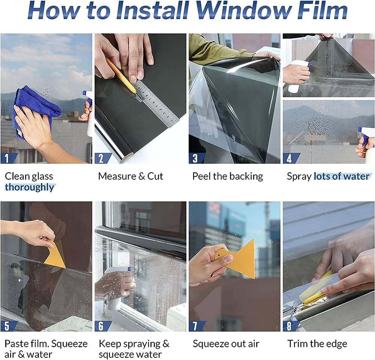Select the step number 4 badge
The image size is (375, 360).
tap(291, 158)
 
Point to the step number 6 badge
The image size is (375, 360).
tap(103, 326)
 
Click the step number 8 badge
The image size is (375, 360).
tap(291, 326)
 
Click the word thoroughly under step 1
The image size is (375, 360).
tap(29, 187)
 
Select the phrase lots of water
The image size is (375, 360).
tap(342, 176)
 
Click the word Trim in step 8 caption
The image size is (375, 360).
tap(297, 344)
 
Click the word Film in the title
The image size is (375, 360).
tap(321, 10)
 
